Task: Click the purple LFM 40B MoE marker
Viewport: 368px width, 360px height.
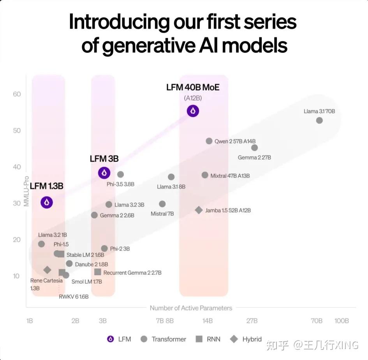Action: [x=193, y=111]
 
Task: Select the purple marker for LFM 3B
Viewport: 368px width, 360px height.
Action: [x=104, y=173]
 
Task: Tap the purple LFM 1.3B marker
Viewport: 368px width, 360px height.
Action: [x=47, y=202]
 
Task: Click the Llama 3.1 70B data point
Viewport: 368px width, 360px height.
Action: [x=319, y=121]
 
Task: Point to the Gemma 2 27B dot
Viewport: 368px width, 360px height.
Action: [x=254, y=148]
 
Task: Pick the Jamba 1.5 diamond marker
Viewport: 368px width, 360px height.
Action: [x=199, y=210]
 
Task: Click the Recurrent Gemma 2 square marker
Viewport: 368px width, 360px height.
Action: [x=98, y=272]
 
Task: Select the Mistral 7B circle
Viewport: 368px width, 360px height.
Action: [x=162, y=204]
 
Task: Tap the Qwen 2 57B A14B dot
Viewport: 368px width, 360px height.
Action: [x=209, y=141]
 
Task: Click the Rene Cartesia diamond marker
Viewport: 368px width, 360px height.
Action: [x=47, y=270]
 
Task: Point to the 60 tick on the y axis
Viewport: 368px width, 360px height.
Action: [x=16, y=94]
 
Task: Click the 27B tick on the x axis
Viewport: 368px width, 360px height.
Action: [x=252, y=321]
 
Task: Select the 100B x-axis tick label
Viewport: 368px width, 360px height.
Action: [x=342, y=321]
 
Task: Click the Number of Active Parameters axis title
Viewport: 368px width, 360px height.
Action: [x=191, y=308]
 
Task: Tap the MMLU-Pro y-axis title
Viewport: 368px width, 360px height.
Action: [x=26, y=190]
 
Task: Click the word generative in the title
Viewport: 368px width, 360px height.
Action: [x=148, y=46]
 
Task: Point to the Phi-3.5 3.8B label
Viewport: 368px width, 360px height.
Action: [x=120, y=184]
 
